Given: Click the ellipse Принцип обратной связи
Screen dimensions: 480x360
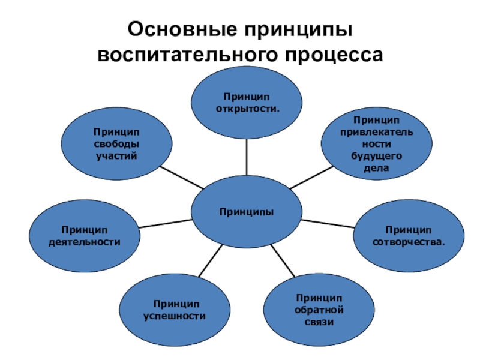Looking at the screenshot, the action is [318, 310].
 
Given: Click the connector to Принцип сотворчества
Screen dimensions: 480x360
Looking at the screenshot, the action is [328, 223].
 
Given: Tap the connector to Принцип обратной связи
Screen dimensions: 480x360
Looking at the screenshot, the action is [283, 262].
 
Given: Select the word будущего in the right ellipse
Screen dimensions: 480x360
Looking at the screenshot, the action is [376, 156].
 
